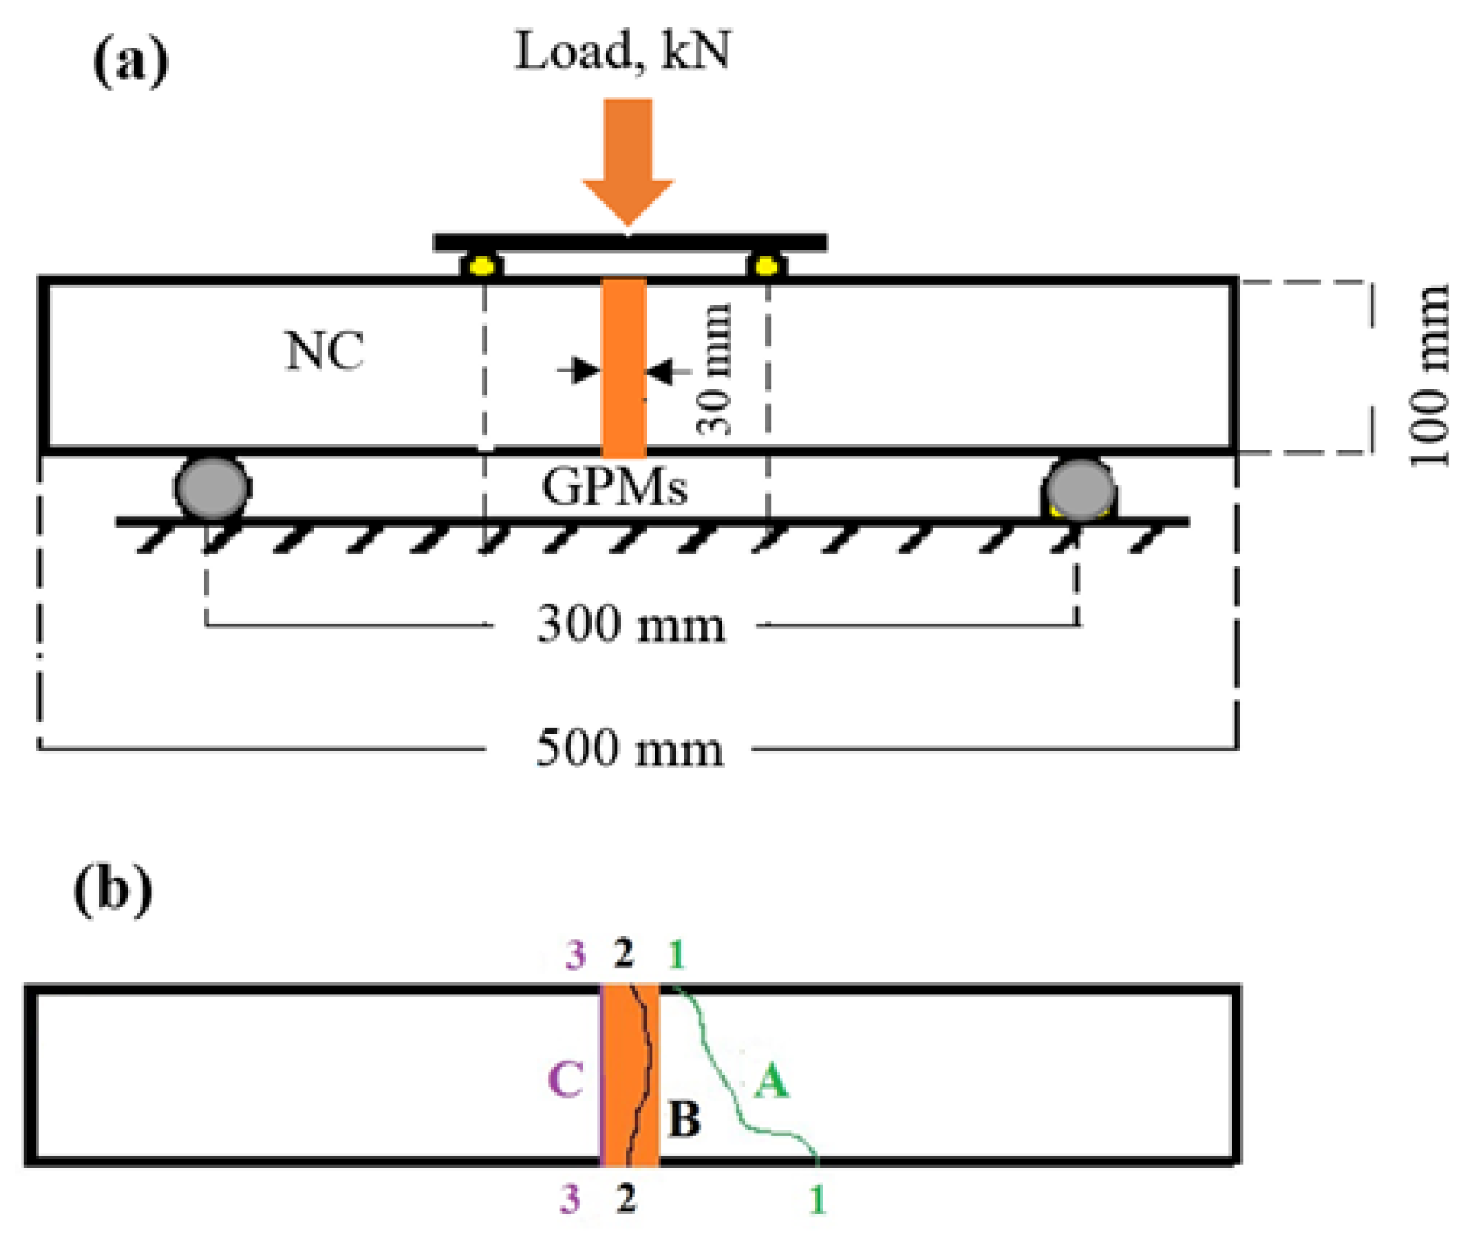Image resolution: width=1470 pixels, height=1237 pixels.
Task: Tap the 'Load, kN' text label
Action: (x=623, y=51)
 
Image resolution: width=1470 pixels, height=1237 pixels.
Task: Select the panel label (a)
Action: (x=131, y=62)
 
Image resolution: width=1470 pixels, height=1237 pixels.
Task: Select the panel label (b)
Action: (x=112, y=890)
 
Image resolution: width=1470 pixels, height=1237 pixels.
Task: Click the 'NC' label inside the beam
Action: (x=325, y=351)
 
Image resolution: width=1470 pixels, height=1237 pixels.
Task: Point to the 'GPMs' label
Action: (x=614, y=487)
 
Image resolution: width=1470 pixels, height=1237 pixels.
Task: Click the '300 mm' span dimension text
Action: (x=631, y=625)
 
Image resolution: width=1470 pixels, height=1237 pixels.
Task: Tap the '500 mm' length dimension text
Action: (x=630, y=748)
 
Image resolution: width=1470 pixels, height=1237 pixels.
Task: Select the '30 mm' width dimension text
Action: (x=714, y=370)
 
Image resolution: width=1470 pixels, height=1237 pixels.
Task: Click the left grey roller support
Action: (x=212, y=487)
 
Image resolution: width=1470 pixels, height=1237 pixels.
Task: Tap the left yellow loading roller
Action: (x=482, y=266)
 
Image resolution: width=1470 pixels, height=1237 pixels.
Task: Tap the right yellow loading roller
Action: (x=766, y=266)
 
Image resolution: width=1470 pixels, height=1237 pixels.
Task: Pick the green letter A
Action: (x=771, y=1080)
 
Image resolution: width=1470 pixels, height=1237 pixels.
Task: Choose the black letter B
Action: (x=684, y=1120)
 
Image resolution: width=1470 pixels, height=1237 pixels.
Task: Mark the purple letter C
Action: (x=565, y=1079)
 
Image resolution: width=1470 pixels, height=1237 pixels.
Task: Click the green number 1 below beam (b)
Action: (x=818, y=1201)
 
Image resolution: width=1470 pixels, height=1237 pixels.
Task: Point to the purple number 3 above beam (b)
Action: (x=575, y=956)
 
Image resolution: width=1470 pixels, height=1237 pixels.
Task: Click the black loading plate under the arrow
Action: (x=630, y=242)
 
